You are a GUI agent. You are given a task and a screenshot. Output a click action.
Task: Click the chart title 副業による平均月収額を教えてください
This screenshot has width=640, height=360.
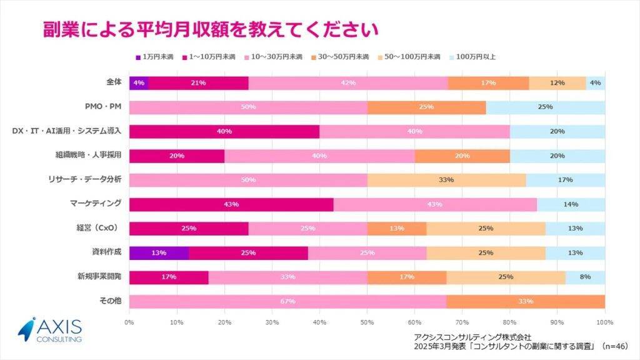(211, 29)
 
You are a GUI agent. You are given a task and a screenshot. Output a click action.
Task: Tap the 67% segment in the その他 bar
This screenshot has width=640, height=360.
(287, 301)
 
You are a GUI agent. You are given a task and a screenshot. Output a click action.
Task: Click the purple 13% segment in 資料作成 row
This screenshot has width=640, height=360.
(159, 252)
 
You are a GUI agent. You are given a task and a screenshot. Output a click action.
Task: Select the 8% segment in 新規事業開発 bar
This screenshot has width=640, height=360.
(585, 277)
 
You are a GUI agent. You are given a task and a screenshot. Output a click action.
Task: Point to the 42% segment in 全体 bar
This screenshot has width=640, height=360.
(348, 82)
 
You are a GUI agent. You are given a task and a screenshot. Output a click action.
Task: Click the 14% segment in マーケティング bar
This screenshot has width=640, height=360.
(571, 204)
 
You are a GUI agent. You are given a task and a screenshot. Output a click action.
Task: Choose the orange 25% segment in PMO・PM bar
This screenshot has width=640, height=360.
(426, 107)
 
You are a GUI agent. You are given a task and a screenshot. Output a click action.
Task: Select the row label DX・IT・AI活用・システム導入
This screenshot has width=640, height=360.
(67, 131)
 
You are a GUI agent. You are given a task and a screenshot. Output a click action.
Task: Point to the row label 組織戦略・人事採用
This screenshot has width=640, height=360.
(89, 155)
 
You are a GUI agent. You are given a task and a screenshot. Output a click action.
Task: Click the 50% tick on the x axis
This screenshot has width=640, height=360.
(367, 322)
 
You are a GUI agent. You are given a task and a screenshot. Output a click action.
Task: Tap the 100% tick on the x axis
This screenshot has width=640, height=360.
(604, 322)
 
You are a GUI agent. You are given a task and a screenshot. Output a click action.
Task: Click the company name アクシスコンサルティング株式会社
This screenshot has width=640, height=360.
(477, 337)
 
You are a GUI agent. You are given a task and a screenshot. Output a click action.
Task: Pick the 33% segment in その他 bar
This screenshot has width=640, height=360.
(525, 301)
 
